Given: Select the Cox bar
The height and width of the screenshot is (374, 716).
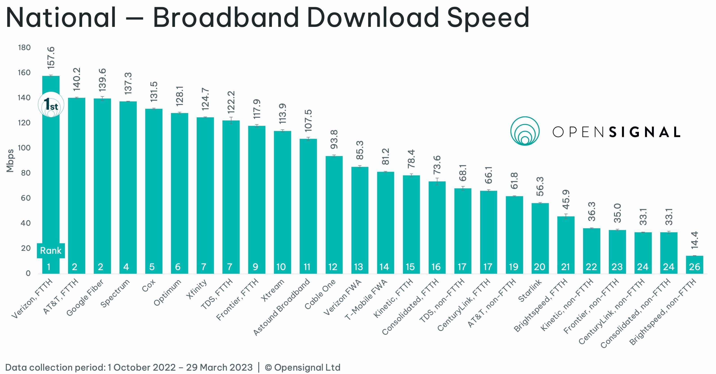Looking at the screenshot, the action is pyautogui.click(x=153, y=191).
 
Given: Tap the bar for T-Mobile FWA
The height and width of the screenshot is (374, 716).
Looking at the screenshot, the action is pyautogui.click(x=385, y=223).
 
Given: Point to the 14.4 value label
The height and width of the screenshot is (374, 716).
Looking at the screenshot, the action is pyautogui.click(x=695, y=240).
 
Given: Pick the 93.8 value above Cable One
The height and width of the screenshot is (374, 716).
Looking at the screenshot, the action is pyautogui.click(x=334, y=139).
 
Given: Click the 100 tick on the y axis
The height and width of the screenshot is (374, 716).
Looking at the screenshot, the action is pyautogui.click(x=24, y=148).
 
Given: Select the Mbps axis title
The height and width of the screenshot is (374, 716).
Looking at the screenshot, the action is pyautogui.click(x=10, y=161).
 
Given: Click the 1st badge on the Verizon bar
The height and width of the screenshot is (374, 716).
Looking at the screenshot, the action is pyautogui.click(x=51, y=105).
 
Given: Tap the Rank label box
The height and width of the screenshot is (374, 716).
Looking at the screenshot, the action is pyautogui.click(x=51, y=250).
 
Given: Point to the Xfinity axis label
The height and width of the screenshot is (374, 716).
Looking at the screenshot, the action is pyautogui.click(x=197, y=289).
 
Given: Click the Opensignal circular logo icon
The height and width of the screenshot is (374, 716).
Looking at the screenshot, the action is pyautogui.click(x=525, y=131).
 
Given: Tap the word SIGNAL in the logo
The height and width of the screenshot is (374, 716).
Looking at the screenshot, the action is pyautogui.click(x=645, y=132).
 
